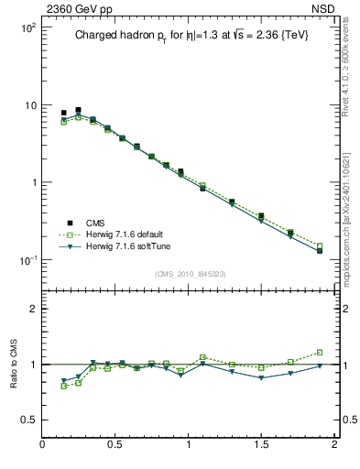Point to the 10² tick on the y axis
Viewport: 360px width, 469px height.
27,27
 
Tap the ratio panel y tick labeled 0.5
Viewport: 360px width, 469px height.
27,420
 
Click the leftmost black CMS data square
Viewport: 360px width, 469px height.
63,113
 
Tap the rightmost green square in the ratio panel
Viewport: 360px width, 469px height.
320,352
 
